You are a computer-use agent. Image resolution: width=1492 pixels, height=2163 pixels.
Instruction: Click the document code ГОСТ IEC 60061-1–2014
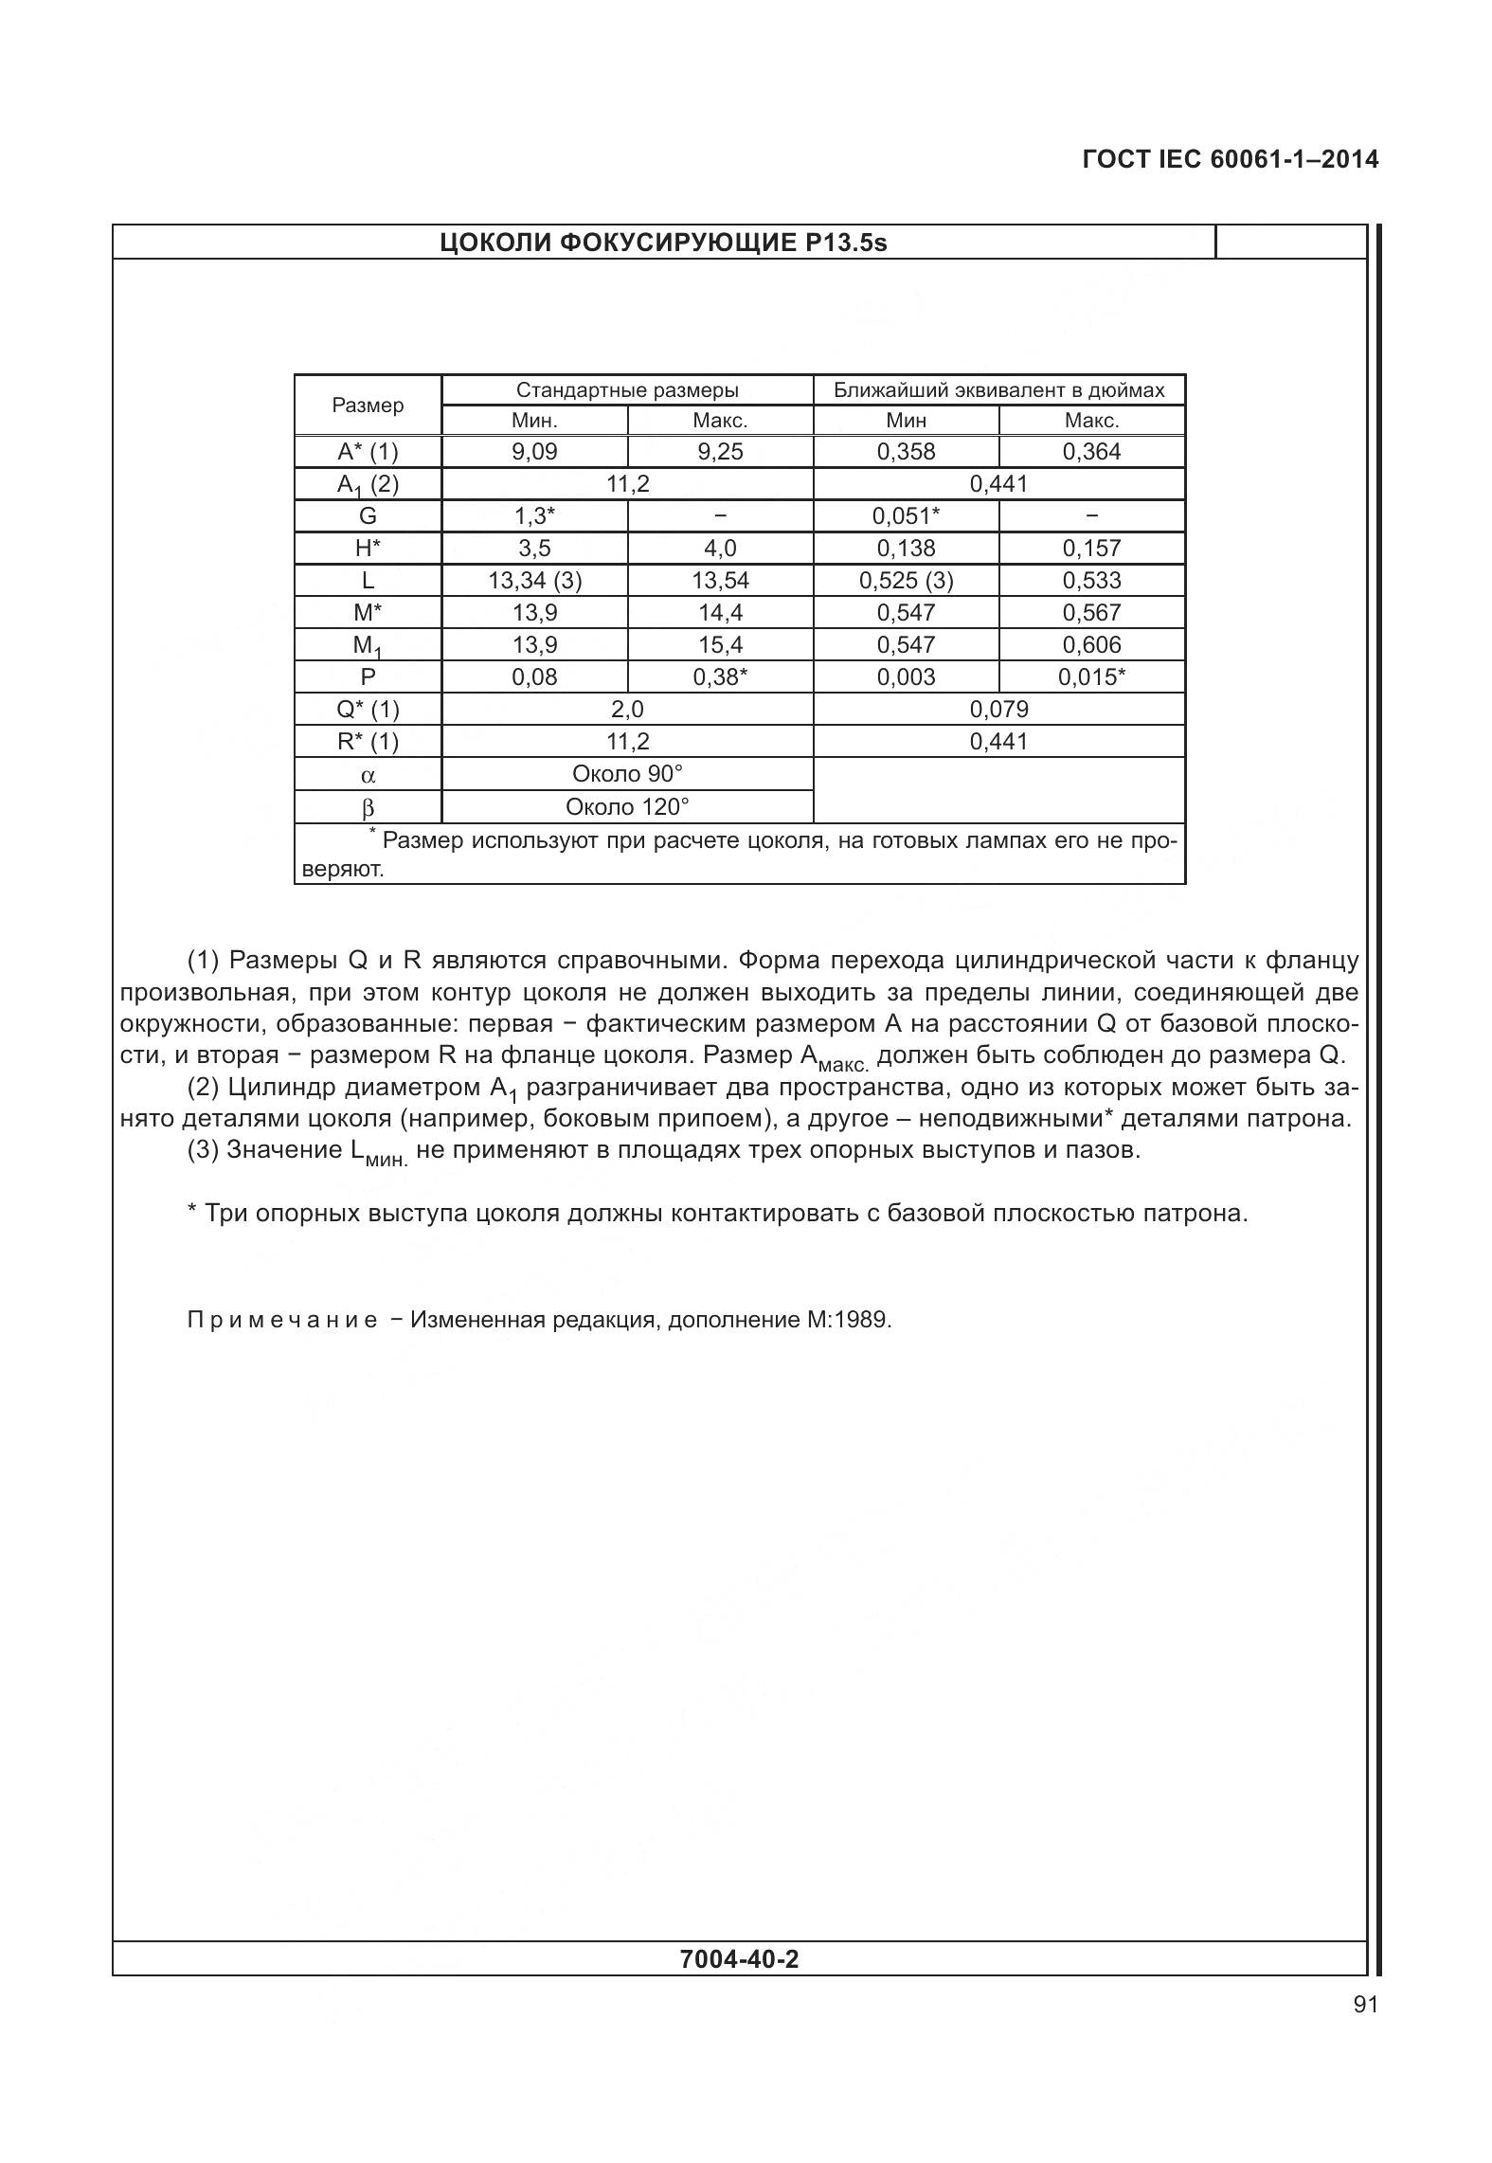(1230, 159)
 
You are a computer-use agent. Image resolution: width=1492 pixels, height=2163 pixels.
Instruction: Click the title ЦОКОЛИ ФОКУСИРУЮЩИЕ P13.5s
(663, 243)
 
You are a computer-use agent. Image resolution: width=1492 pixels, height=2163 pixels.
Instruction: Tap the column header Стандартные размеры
(627, 390)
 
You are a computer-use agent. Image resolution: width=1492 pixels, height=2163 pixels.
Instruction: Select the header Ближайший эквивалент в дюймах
(998, 390)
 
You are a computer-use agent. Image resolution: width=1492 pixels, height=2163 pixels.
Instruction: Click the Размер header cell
(368, 406)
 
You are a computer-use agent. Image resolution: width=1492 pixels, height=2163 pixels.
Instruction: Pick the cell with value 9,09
(534, 452)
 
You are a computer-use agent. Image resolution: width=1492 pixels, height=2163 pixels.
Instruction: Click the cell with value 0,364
(1091, 452)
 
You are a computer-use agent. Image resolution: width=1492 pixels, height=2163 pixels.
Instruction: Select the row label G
(368, 516)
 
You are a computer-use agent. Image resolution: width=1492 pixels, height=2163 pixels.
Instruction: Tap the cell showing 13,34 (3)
(534, 581)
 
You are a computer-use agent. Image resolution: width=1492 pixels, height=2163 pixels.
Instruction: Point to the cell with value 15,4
(720, 645)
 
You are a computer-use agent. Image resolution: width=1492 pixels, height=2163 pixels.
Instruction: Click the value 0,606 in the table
(1091, 645)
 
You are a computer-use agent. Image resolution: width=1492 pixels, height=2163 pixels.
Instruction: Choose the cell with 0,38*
(720, 677)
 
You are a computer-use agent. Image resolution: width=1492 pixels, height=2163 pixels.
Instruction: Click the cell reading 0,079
(998, 710)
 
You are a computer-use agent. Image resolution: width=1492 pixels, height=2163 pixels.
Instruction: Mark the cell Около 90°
(627, 774)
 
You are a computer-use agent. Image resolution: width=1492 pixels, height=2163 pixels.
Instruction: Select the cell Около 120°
(627, 807)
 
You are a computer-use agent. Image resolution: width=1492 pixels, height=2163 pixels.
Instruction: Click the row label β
(368, 808)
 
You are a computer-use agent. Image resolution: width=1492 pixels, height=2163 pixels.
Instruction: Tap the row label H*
(368, 549)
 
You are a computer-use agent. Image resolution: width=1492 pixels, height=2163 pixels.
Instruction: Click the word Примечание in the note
(282, 1320)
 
